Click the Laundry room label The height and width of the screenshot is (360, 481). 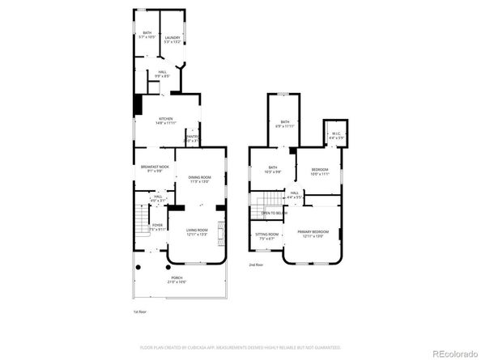pyautogui.click(x=172, y=37)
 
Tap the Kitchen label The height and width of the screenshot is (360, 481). pyautogui.click(x=166, y=118)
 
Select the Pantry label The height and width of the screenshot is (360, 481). pyautogui.click(x=193, y=137)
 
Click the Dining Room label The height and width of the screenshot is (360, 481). pyautogui.click(x=199, y=177)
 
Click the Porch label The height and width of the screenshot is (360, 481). pyautogui.click(x=177, y=278)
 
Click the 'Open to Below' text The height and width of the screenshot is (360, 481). pyautogui.click(x=273, y=213)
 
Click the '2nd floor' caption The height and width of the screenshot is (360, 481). pyautogui.click(x=256, y=265)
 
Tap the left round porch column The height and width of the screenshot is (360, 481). pyautogui.click(x=138, y=268)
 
